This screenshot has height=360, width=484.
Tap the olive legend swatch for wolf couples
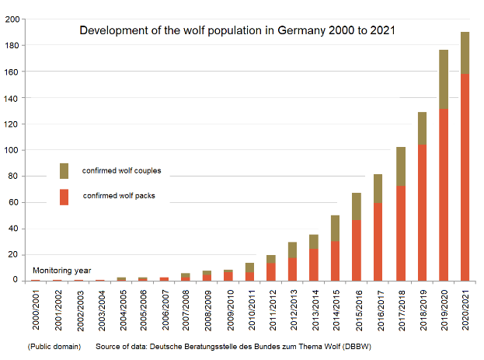pos(64,171)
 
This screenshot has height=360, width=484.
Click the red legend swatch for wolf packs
pos(64,197)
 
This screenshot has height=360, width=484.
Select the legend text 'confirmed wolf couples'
pos(121,171)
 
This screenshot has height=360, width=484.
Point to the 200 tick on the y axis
pos(12,19)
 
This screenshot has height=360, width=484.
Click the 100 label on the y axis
pos(12,150)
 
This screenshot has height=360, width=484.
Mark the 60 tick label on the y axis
pos(14,202)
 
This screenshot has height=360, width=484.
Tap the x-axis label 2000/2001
pos(36,309)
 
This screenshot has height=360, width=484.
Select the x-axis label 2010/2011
pos(250,309)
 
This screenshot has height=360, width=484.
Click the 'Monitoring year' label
pos(61,271)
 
